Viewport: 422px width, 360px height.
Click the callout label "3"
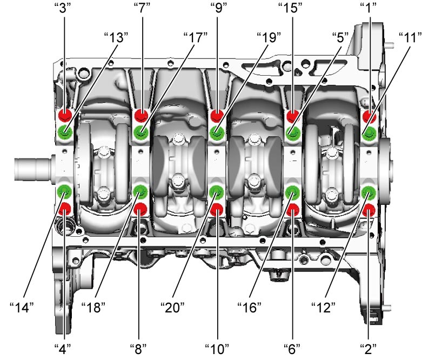click(64, 8)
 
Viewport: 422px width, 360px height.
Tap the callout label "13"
click(116, 37)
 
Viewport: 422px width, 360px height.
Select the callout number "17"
click(196, 37)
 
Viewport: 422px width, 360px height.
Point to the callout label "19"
click(269, 37)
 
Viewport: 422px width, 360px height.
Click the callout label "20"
click(172, 308)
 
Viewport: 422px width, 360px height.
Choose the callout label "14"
click(22, 308)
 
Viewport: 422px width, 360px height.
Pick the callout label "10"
click(217, 349)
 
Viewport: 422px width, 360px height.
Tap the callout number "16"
click(249, 308)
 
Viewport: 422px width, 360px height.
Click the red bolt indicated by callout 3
click(65, 115)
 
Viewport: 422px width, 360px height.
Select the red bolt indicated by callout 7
click(141, 115)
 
